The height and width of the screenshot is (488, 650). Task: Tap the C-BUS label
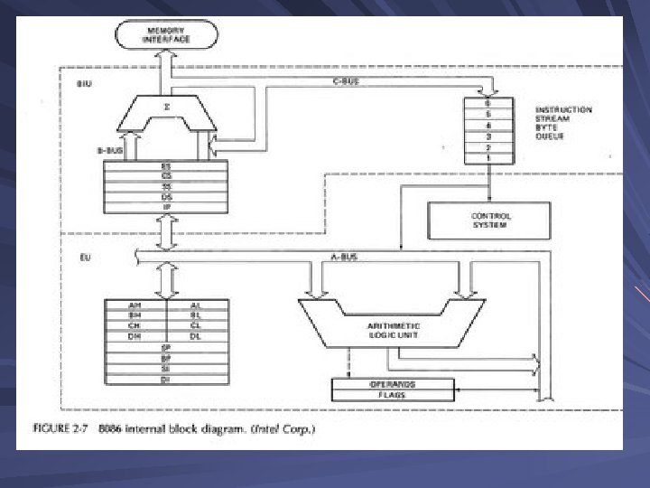tap(347, 82)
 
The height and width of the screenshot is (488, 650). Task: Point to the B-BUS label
tap(109, 151)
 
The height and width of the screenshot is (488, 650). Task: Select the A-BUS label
tap(344, 258)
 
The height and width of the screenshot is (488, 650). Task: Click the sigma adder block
tap(168, 108)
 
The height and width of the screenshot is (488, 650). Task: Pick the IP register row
tap(167, 206)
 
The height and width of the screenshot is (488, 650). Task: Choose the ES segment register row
tap(167, 166)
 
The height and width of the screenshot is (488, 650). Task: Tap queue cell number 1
tap(488, 158)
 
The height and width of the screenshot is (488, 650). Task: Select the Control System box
tap(488, 220)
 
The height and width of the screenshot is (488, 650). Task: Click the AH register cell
tap(135, 306)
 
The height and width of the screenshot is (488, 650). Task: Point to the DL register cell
tap(195, 336)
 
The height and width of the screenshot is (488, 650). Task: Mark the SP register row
tap(165, 347)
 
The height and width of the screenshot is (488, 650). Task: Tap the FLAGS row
tap(391, 394)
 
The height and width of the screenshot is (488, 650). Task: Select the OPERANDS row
tap(391, 384)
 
